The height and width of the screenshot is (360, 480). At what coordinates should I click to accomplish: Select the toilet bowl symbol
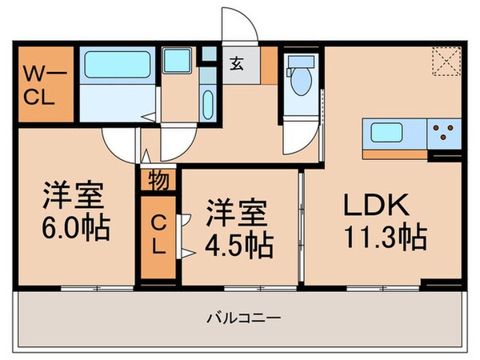click(x=302, y=79)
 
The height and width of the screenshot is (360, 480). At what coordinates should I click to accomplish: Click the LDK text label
click(x=378, y=206)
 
